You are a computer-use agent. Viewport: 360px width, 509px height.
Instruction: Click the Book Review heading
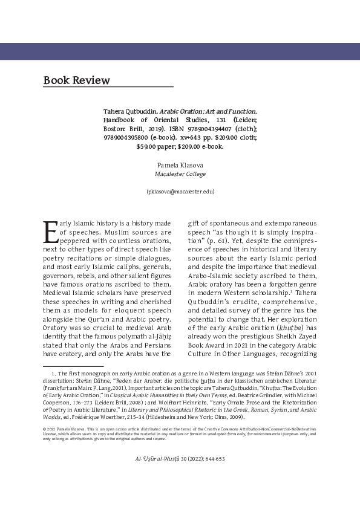point(77,80)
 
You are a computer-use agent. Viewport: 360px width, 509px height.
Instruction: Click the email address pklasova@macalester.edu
point(180,192)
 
